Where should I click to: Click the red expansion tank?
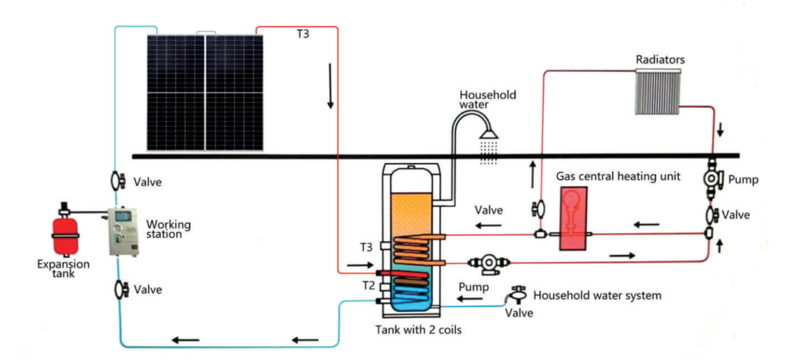pos(66,234)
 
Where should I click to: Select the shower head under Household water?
pos(489,134)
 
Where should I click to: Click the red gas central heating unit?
pos(573,219)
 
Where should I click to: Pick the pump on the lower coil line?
pos(489,263)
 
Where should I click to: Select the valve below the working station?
pos(121,290)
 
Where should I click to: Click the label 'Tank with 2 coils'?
pos(418,331)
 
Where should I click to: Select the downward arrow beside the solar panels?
pos(331,87)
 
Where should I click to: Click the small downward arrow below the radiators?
pos(720,130)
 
